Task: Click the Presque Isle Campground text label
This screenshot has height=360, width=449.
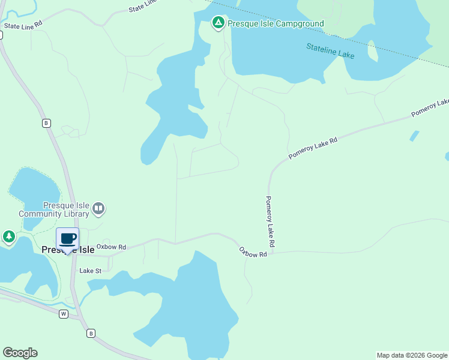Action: pos(276,24)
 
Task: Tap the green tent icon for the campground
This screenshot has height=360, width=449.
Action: pos(218,23)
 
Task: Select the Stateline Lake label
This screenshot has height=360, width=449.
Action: pos(330,51)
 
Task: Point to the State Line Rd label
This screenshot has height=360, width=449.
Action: pos(23,25)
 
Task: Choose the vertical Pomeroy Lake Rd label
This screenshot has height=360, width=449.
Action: pos(270,222)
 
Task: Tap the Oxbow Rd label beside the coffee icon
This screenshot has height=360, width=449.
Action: pos(111,247)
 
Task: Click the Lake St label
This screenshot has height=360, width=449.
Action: pos(91,271)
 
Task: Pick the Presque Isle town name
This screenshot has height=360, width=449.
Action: pos(68,250)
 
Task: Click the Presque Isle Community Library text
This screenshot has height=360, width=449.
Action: pos(54,209)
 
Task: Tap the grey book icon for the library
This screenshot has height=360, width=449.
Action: pos(98,209)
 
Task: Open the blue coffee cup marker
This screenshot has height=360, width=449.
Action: pos(68,239)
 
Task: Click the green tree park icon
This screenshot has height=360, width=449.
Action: pos(8,237)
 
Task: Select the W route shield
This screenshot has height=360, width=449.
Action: pos(63,314)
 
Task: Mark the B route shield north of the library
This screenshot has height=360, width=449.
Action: pos(46,123)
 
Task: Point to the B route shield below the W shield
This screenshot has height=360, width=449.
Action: pos(91,333)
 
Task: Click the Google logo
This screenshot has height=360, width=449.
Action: pos(20,353)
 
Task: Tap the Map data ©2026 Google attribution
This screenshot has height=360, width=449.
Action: pos(412,355)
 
